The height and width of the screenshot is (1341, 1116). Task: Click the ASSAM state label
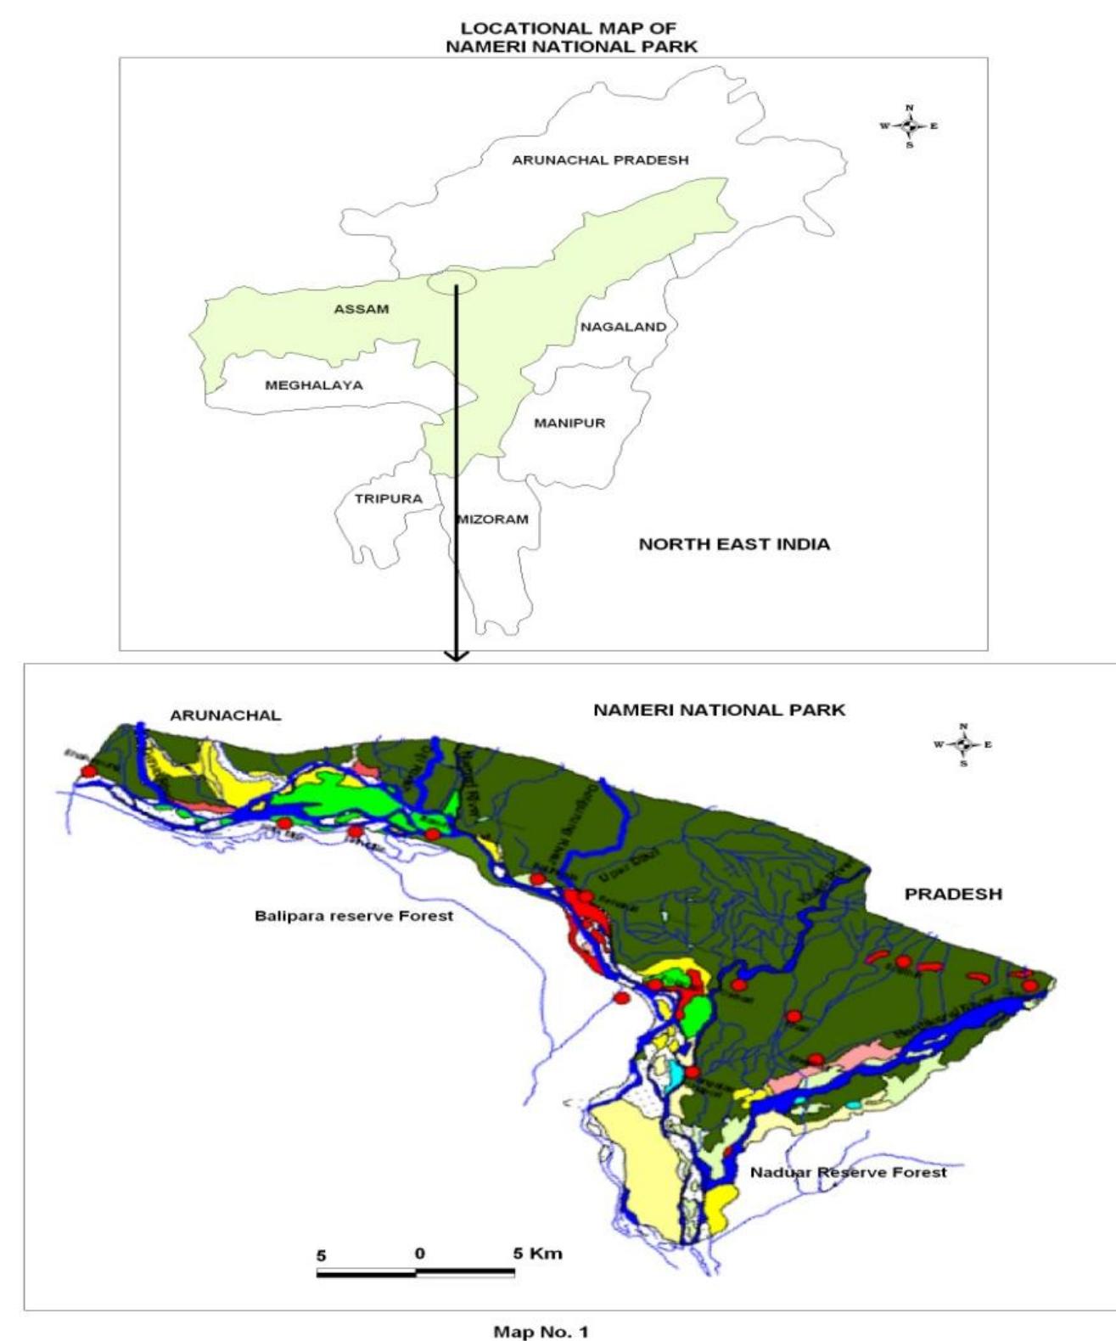click(x=361, y=309)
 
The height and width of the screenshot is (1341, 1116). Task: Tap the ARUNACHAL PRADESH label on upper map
click(x=600, y=160)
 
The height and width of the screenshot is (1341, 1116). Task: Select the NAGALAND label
click(x=623, y=327)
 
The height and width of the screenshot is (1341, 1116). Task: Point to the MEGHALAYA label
click(x=314, y=385)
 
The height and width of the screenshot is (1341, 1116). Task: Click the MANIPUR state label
click(x=569, y=423)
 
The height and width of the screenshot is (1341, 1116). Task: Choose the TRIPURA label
click(x=388, y=498)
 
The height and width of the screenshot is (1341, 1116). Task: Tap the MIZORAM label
click(x=493, y=519)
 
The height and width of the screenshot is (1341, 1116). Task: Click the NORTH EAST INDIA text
click(x=734, y=544)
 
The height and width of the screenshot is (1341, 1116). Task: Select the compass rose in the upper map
click(x=910, y=126)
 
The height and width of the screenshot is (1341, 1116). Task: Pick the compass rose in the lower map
click(x=962, y=744)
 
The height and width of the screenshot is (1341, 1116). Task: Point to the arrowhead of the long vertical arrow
click(x=457, y=655)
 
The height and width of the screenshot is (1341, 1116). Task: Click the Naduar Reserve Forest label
click(x=848, y=1172)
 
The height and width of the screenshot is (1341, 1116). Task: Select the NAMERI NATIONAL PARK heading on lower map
click(x=719, y=710)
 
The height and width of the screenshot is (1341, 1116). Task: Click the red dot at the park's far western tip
click(x=88, y=771)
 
